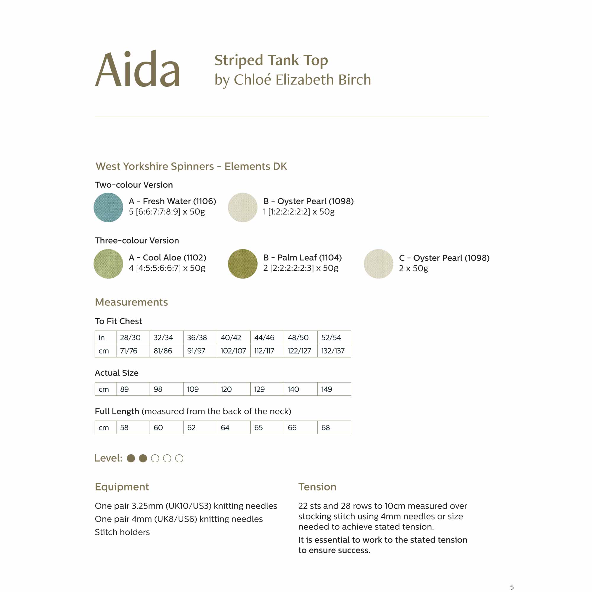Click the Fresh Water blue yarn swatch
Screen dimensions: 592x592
108,207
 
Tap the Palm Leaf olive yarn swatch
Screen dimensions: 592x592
242,263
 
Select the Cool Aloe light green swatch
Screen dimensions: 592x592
108,263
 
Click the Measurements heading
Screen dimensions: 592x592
131,302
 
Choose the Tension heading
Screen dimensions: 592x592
317,487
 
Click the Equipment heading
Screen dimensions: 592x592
122,487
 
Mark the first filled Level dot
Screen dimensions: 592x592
131,458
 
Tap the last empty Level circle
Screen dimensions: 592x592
179,458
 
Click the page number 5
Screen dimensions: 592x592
512,587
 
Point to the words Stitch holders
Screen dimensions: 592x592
122,532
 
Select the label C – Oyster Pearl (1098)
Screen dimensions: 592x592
444,258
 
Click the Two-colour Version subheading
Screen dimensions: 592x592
133,185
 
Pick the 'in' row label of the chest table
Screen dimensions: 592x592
102,337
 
